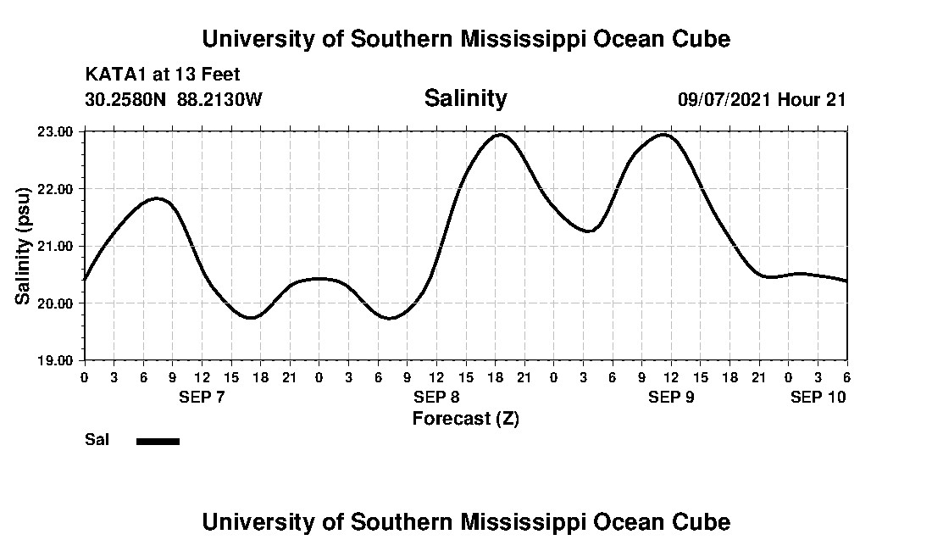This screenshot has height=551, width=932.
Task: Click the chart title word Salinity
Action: pos(465,98)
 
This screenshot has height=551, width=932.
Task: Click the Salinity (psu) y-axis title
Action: pos(23,246)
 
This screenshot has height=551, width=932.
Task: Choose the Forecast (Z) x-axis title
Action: pos(465,419)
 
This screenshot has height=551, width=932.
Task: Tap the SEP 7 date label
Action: pos(202,397)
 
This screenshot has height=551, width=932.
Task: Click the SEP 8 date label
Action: pos(436,397)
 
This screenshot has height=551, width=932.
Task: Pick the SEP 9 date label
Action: pos(671,397)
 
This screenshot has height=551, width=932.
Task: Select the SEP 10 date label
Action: pos(818,397)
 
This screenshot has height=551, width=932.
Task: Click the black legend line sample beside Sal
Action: pos(158,441)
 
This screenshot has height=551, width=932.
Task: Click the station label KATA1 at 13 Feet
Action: pos(163,75)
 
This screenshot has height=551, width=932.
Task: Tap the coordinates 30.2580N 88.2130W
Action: pos(174,99)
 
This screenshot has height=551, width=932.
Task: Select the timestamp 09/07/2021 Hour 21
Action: pos(762,99)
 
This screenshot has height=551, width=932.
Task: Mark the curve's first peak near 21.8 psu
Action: pos(157,198)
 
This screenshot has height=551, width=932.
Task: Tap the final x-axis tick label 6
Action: pos(846,377)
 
